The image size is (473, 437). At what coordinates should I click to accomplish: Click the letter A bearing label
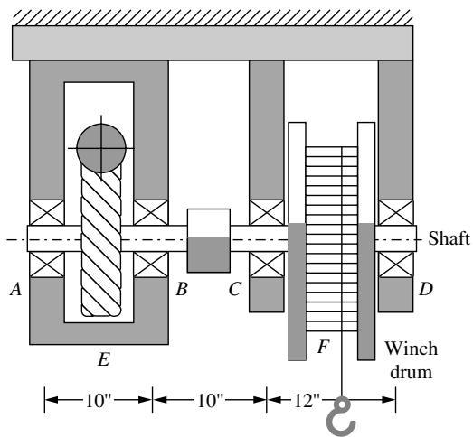[16, 290]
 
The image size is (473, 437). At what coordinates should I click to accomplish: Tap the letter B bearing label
[182, 289]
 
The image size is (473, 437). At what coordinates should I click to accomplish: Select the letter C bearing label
[235, 289]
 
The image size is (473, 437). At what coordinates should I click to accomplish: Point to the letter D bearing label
[426, 289]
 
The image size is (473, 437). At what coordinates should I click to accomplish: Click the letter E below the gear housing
[103, 359]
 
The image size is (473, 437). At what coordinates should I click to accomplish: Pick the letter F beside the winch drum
[324, 347]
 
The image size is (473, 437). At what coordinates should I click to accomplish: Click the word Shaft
[449, 238]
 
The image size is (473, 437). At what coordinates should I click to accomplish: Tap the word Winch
[412, 349]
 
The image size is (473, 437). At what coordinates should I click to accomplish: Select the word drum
[412, 372]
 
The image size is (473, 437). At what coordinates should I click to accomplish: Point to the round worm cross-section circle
[101, 148]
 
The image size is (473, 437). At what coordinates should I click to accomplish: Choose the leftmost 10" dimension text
[99, 400]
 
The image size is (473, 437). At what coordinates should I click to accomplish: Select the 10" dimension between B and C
[210, 400]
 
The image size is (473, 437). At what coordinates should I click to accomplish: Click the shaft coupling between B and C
[209, 241]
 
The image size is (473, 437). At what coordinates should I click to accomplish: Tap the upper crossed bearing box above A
[47, 212]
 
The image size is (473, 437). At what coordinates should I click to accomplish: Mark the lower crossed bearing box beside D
[396, 265]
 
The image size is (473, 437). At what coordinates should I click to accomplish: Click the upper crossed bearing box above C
[267, 212]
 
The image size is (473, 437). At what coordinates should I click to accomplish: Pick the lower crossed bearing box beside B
[151, 265]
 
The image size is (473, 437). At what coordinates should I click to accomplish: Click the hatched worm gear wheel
[101, 241]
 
